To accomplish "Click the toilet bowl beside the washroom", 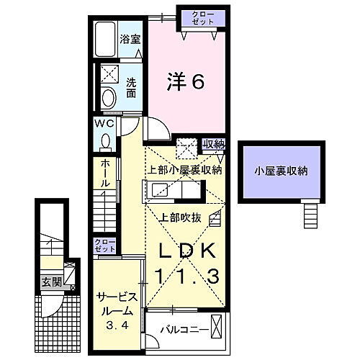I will pyautogui.click(x=109, y=97).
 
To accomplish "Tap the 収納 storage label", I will pyautogui.click(x=214, y=144).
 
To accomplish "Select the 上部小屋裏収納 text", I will pyautogui.click(x=186, y=170).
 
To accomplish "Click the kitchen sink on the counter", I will pyautogui.click(x=159, y=191).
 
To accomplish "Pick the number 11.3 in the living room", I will pyautogui.click(x=186, y=275).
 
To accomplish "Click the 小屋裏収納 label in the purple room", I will pyautogui.click(x=281, y=171).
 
